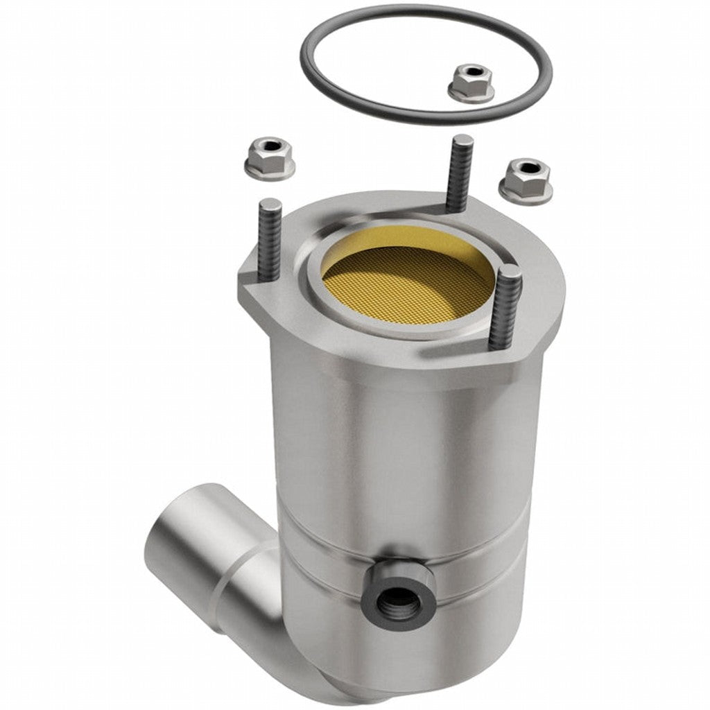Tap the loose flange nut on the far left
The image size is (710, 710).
coord(269,158)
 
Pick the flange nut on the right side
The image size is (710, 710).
coord(525,177)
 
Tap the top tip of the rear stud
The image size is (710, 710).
coord(461,140)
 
